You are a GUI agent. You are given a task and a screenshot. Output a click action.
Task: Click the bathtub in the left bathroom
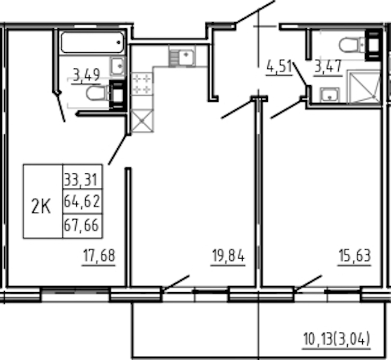(x=92, y=42)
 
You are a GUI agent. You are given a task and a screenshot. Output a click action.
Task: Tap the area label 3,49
(x=86, y=75)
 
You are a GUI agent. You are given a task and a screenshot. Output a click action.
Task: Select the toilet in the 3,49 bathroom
(x=98, y=93)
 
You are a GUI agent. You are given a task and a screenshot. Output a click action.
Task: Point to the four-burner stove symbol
(x=142, y=84)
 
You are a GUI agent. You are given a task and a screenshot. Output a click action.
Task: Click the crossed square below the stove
(x=142, y=121)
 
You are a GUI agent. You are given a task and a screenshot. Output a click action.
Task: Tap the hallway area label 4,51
(x=279, y=67)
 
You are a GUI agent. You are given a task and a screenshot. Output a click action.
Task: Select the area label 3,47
(x=328, y=67)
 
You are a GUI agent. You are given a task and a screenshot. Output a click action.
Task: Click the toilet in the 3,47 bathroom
(x=352, y=45)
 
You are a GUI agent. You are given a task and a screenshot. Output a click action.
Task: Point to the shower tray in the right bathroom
(x=364, y=86)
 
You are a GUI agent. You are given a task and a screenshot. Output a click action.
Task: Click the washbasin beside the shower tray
(x=330, y=95)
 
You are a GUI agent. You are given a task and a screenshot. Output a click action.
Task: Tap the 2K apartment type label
(x=41, y=207)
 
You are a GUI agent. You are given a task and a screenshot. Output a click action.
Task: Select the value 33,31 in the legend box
(x=80, y=179)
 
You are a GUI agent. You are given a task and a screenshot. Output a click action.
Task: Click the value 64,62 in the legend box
(x=82, y=202)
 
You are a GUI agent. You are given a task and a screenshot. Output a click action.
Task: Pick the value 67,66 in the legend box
(x=82, y=225)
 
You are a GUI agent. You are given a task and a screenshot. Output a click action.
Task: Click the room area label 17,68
(x=99, y=256)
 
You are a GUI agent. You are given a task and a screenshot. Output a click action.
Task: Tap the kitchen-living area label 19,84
(x=228, y=256)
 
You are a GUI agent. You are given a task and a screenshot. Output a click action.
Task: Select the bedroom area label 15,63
(x=355, y=256)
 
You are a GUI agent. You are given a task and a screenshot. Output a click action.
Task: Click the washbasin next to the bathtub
(x=118, y=66)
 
